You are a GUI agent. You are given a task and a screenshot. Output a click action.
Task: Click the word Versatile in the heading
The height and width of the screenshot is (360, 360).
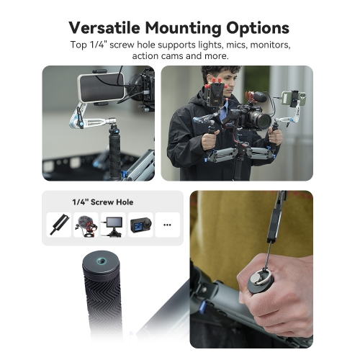pyautogui.click(x=104, y=28)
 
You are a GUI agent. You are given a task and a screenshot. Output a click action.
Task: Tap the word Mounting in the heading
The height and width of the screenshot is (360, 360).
pyautogui.click(x=183, y=29)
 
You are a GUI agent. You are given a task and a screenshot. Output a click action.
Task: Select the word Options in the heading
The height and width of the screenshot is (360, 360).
pyautogui.click(x=258, y=29)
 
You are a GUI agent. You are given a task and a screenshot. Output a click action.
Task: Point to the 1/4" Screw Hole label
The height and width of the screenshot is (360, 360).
pyautogui.click(x=103, y=202)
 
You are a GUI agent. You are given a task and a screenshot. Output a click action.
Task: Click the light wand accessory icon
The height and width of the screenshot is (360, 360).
pyautogui.click(x=59, y=225)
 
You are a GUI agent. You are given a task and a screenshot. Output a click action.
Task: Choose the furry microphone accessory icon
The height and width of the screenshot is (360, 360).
pyautogui.click(x=86, y=225)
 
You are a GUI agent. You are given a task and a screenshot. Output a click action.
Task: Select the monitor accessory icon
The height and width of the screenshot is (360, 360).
pyautogui.click(x=113, y=226)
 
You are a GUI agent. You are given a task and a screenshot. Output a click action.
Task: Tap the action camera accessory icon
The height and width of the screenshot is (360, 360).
pyautogui.click(x=140, y=225)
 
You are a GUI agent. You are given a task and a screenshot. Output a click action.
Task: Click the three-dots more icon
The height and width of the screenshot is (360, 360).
pyautogui.click(x=167, y=225)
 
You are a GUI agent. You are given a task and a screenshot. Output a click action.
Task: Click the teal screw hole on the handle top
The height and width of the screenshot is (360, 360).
pyautogui.click(x=101, y=261)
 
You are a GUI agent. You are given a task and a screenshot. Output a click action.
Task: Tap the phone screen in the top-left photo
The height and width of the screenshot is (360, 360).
pyautogui.click(x=102, y=88)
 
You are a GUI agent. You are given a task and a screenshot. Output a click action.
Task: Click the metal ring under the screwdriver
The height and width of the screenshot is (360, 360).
pyautogui.click(x=263, y=278)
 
